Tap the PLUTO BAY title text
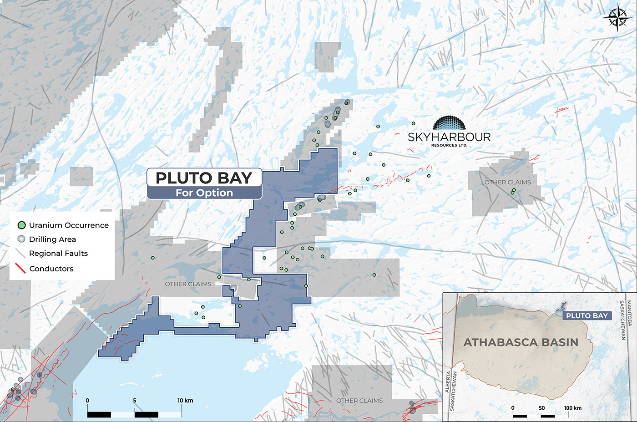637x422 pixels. point(204,178)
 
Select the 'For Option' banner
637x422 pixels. point(204,193)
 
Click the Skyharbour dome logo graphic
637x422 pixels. point(449,124)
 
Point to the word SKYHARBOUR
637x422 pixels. point(449,137)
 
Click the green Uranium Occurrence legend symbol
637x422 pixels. point(21,225)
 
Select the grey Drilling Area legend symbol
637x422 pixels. point(21,239)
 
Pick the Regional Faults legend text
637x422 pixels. point(58,254)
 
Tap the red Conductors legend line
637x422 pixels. point(20,268)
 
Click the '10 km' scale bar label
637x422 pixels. point(185,401)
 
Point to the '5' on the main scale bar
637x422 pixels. point(135,401)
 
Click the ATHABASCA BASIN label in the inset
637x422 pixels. point(521,342)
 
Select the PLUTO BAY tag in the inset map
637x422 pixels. point(586,315)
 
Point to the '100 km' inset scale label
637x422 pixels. point(572,408)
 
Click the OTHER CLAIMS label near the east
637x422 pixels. point(507,182)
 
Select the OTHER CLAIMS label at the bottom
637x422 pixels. point(359,401)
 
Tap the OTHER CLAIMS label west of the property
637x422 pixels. point(188,284)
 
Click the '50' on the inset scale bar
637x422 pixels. point(541,408)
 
